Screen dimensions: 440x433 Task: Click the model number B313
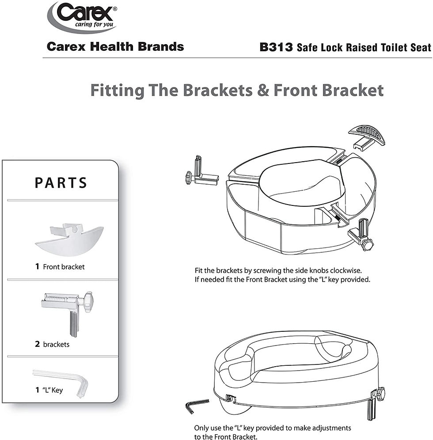[276, 47]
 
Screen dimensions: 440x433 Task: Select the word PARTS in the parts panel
[61, 183]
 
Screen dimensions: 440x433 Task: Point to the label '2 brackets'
[52, 344]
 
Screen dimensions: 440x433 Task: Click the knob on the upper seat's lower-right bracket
[367, 244]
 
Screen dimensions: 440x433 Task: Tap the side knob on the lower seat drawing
[379, 392]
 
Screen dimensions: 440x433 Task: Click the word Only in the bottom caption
[201, 428]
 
